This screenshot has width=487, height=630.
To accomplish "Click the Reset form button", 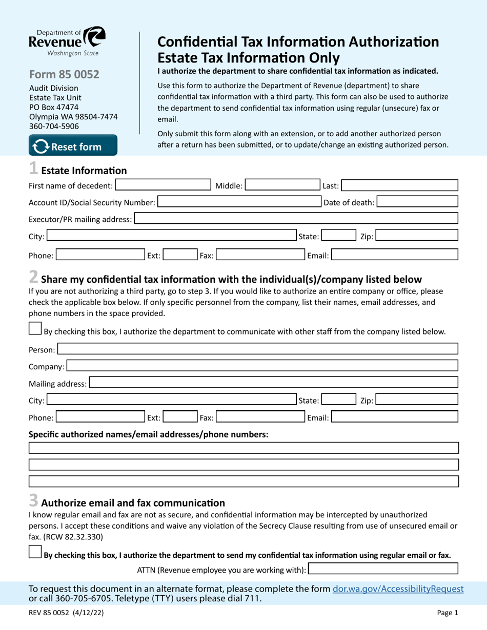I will pyautogui.click(x=73, y=146).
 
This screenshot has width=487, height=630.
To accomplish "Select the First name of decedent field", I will pyautogui.click(x=163, y=185).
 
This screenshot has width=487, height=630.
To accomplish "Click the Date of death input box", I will pyautogui.click(x=418, y=202).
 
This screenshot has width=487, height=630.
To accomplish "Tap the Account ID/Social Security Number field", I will pyautogui.click(x=239, y=202).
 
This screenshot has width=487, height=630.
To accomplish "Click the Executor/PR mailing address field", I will pyautogui.click(x=296, y=219).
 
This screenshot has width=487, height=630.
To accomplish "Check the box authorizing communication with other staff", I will pyautogui.click(x=35, y=329).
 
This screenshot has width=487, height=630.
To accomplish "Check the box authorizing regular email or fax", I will pyautogui.click(x=35, y=552).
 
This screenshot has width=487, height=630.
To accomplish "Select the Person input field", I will pyautogui.click(x=257, y=349).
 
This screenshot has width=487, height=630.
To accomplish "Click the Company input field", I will pyautogui.click(x=262, y=366).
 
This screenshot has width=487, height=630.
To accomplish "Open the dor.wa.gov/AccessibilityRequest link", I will pyautogui.click(x=398, y=589).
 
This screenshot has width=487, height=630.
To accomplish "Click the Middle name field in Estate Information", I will pyautogui.click(x=280, y=185).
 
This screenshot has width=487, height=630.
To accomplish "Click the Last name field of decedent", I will pyautogui.click(x=399, y=185).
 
